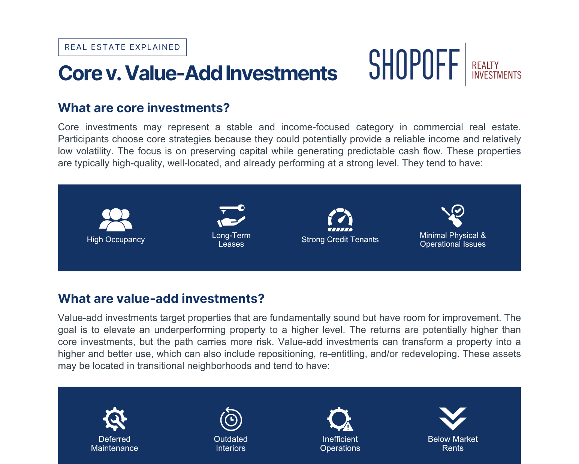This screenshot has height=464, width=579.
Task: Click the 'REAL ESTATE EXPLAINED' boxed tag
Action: point(122,47)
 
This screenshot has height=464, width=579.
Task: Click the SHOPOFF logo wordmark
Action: point(414,65)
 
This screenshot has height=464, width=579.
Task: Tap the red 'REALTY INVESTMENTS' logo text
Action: point(497,70)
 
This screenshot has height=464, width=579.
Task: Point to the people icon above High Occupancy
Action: point(116,220)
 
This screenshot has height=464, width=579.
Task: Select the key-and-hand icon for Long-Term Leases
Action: point(231,216)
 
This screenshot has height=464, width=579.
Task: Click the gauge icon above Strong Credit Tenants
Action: point(340,220)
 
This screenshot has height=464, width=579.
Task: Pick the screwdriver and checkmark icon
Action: point(453,216)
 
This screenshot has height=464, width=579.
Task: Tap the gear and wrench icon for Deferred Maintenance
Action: point(115,419)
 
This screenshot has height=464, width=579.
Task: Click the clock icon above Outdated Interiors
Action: point(231,419)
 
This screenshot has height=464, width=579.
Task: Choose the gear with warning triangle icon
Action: point(340,419)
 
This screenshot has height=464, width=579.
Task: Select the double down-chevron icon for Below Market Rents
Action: point(453,419)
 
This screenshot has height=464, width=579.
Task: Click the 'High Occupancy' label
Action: point(116,240)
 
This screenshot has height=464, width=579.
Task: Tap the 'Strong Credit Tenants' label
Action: point(340,240)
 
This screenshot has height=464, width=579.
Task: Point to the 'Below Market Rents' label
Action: point(453,443)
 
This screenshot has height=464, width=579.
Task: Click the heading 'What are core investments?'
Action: point(144,108)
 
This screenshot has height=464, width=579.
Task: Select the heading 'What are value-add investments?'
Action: point(162,298)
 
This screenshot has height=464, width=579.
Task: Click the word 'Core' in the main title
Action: point(80,73)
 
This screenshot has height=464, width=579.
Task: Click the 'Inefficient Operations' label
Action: point(340,443)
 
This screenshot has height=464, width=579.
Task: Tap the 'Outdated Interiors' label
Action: point(231,443)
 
